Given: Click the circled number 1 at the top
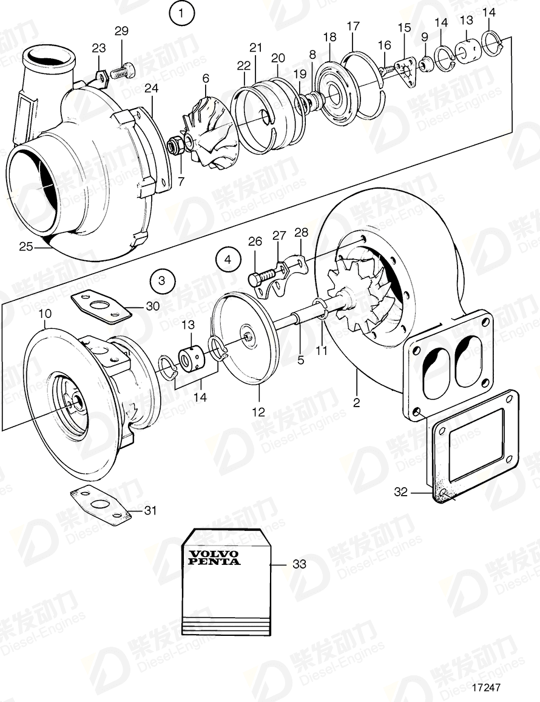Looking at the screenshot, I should (183, 12).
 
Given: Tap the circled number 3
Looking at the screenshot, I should (161, 280).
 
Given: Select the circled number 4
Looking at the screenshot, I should (228, 260).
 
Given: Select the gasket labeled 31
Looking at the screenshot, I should (100, 504).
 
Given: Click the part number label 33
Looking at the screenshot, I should (299, 564).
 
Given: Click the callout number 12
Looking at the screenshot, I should (258, 412).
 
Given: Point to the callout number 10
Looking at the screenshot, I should (45, 313).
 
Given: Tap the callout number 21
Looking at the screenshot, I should (255, 47).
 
